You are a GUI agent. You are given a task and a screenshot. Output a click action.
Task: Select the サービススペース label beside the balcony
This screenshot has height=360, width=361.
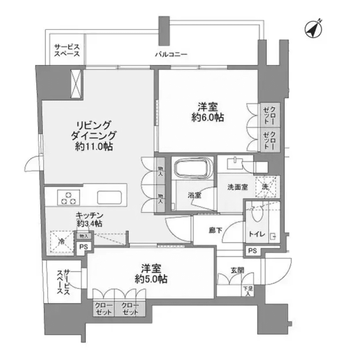click(67, 50)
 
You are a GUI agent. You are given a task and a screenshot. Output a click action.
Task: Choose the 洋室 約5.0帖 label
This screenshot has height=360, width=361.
click(151, 273)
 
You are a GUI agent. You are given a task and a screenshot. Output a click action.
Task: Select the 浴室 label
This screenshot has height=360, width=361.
click(194, 195)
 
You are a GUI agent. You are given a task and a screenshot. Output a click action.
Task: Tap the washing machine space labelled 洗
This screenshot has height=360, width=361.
click(265, 186)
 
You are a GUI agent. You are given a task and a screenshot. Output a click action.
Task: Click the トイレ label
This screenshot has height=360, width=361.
click(257, 234)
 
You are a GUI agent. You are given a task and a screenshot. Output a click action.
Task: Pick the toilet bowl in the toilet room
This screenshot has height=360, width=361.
click(255, 213)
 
